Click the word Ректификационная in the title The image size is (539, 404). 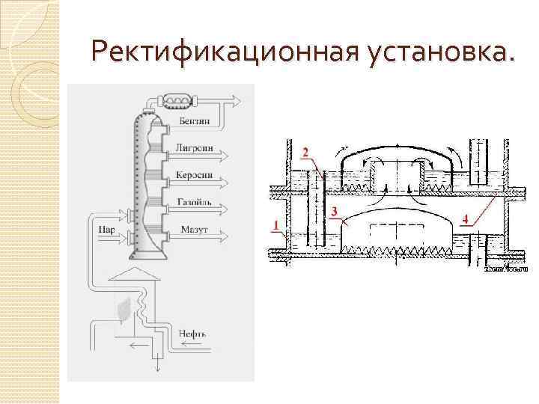(x=224, y=52)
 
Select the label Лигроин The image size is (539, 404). (x=195, y=147)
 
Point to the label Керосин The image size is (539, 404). (x=195, y=175)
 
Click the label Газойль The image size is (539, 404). (x=194, y=203)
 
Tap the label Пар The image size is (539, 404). (x=106, y=230)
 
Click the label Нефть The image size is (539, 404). (x=192, y=333)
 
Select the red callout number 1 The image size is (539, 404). (x=277, y=224)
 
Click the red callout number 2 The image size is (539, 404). (x=305, y=152)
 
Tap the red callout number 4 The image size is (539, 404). (x=466, y=218)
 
